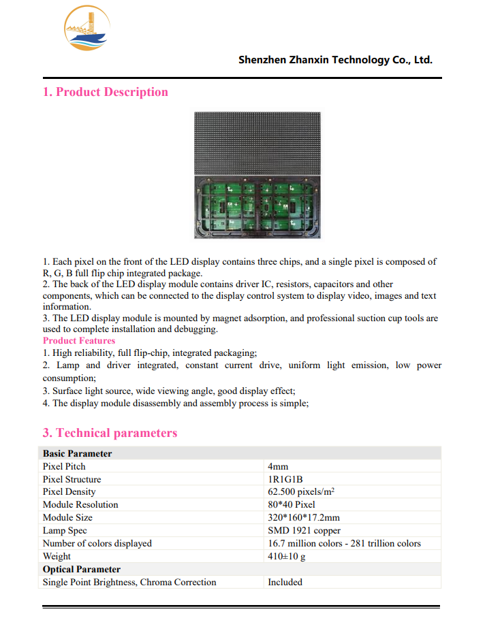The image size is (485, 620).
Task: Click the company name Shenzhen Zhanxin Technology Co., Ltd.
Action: click(335, 60)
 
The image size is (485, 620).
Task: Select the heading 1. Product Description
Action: click(106, 93)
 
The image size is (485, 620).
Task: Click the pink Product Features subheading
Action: click(79, 341)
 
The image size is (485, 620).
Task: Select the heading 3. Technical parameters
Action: click(110, 434)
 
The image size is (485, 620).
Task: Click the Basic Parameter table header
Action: click(78, 453)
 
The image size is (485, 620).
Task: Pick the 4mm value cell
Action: click(278, 466)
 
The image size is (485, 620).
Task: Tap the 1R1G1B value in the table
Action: click(285, 479)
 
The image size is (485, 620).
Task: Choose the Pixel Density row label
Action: click(69, 492)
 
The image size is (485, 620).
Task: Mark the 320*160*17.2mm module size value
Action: click(304, 518)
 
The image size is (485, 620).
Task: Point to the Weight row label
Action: click(57, 556)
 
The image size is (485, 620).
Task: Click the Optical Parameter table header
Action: click(82, 569)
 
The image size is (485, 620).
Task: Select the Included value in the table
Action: click(285, 582)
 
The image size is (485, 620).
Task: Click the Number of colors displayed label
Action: click(97, 543)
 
